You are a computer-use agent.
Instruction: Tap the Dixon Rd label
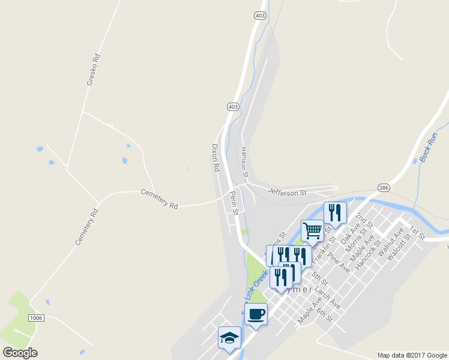pos(216,158)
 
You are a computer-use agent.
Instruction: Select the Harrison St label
pos(244,162)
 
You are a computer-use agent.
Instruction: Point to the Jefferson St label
pos(287,192)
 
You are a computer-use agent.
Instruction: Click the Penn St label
pos(234,203)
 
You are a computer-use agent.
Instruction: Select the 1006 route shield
pos(36,317)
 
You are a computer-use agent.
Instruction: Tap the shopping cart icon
pos(312,230)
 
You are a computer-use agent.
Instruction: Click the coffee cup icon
pos(256,314)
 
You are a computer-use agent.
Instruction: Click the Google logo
pos(20,353)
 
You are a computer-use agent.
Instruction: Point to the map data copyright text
pos(411,355)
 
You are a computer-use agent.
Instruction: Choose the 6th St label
pos(325,314)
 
